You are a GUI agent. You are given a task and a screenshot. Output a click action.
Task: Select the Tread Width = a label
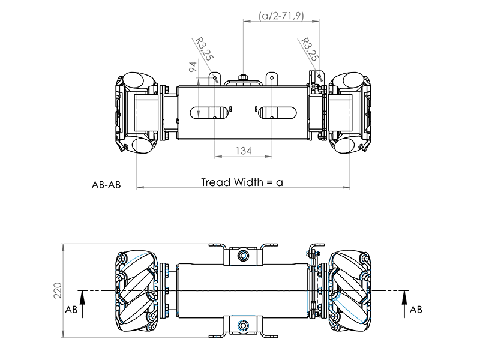tap(242, 182)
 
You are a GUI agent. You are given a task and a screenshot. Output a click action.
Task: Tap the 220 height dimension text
tap(58, 292)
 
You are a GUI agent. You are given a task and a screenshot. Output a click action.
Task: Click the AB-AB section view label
tap(106, 185)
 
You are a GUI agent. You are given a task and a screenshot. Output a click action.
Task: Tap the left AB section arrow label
tap(71, 310)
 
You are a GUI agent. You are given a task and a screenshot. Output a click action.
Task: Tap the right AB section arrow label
tap(415, 310)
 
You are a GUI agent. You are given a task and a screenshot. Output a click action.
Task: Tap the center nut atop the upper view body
tap(243, 78)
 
